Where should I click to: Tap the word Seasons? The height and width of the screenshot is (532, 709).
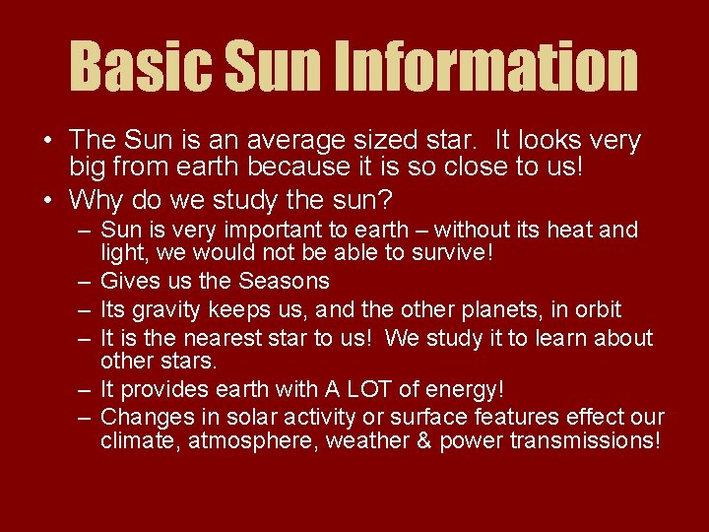(283, 281)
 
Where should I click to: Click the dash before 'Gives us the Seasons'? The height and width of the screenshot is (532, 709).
(86, 281)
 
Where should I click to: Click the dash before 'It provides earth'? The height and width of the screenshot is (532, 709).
(86, 389)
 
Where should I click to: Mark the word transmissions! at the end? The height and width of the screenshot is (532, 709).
(581, 440)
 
